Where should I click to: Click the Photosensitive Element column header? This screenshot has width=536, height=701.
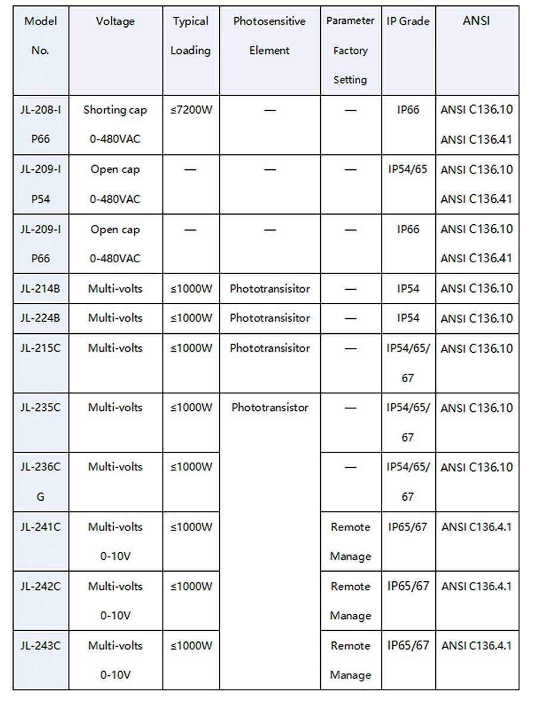(x=269, y=36)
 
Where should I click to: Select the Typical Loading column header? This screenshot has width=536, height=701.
(x=191, y=36)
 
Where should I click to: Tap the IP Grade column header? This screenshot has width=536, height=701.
(x=408, y=21)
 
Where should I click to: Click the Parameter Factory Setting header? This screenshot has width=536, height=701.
(x=351, y=50)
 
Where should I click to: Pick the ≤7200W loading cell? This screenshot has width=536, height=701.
(x=191, y=110)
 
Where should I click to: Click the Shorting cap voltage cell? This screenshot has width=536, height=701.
(x=115, y=124)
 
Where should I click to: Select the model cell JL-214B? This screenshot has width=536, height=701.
(x=41, y=289)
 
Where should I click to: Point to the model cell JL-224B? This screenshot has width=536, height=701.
(x=41, y=318)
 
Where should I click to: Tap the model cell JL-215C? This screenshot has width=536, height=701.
(x=41, y=348)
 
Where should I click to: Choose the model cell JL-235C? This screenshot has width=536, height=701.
(x=41, y=408)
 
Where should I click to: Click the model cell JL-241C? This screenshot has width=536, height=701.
(x=41, y=527)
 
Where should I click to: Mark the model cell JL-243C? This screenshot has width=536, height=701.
(x=41, y=646)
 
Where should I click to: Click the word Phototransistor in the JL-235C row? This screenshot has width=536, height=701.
(x=270, y=408)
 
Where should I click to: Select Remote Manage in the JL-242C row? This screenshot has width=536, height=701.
(x=351, y=601)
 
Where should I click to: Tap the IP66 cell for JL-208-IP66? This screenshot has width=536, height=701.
(x=408, y=110)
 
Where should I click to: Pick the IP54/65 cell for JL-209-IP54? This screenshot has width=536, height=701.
(x=408, y=169)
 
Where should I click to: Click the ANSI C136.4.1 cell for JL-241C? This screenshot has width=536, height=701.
(x=476, y=527)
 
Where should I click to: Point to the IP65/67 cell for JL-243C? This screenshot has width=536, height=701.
(x=408, y=646)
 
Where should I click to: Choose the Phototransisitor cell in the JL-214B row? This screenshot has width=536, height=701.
(x=270, y=289)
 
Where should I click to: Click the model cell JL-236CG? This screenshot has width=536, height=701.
(x=41, y=482)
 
